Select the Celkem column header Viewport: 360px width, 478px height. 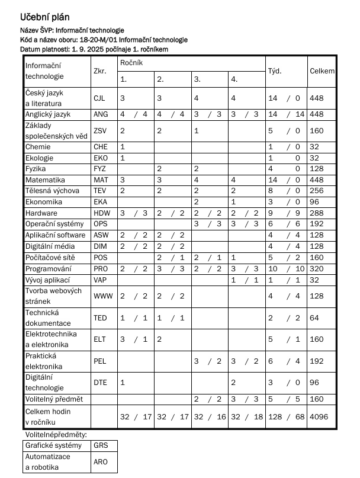click(x=322, y=71)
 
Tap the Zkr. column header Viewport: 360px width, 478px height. click(x=99, y=71)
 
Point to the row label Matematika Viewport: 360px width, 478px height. click(x=46, y=179)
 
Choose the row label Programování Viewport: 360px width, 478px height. click(x=48, y=268)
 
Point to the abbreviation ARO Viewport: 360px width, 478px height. click(x=101, y=462)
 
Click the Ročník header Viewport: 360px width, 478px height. click(x=131, y=62)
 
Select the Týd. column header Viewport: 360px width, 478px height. click(x=275, y=71)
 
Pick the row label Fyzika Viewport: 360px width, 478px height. click(x=36, y=169)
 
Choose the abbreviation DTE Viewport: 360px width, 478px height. click(x=100, y=383)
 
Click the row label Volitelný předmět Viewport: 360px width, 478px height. click(x=53, y=399)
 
